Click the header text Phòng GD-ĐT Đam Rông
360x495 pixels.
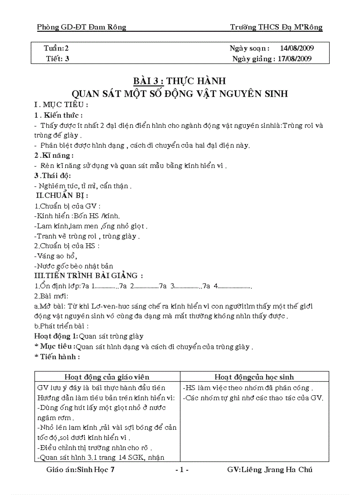click(x=82, y=27)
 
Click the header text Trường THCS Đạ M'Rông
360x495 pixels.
click(x=276, y=27)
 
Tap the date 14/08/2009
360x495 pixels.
click(x=297, y=48)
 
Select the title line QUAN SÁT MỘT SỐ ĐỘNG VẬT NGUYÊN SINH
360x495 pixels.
click(x=180, y=93)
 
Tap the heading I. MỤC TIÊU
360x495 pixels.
click(x=61, y=105)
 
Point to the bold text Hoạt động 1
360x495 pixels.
click(x=56, y=336)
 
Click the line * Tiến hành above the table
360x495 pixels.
click(x=57, y=357)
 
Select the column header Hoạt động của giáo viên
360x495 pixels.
click(x=107, y=377)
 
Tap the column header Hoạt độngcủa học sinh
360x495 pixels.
click(x=254, y=377)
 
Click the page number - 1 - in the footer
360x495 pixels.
click(x=182, y=469)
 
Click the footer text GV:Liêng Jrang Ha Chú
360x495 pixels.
click(x=270, y=469)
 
